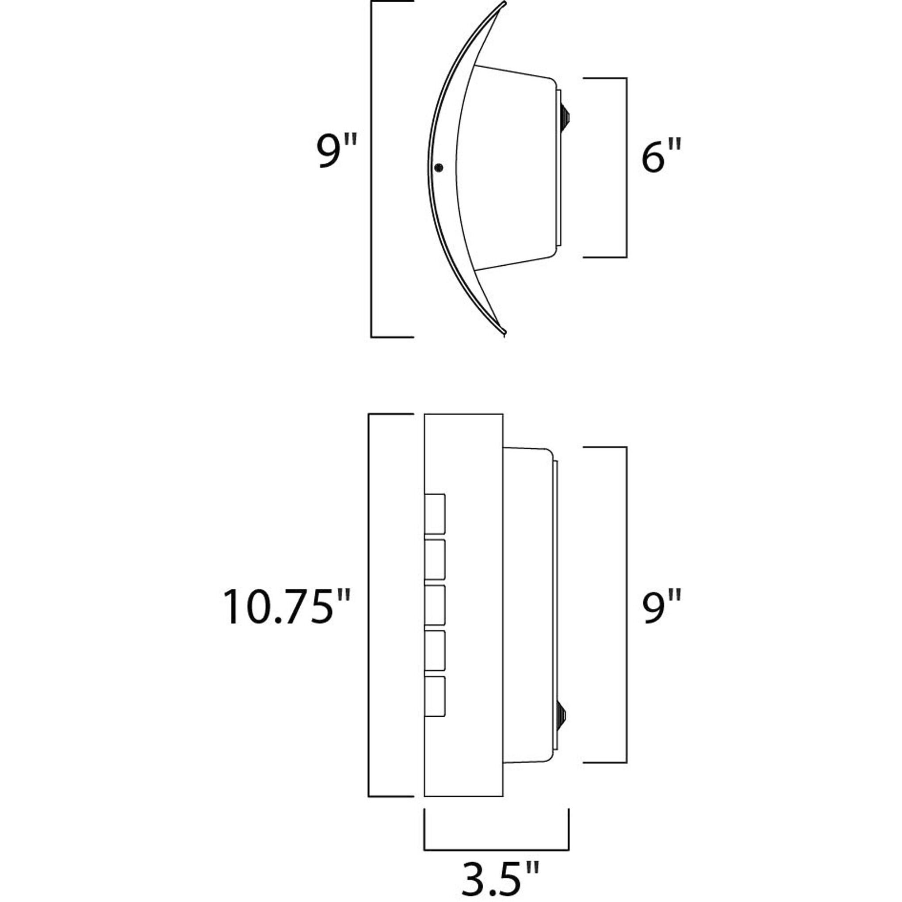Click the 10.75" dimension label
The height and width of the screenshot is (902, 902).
(x=286, y=607)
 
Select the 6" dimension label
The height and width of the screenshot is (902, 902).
(x=661, y=157)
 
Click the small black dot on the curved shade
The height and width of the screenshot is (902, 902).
(x=438, y=168)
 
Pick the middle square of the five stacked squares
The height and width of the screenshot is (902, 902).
(x=435, y=605)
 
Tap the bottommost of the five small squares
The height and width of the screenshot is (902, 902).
(x=435, y=696)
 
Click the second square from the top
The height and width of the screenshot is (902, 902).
(x=435, y=559)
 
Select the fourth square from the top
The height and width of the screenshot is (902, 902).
(x=435, y=650)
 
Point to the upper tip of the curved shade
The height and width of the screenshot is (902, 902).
(x=505, y=5)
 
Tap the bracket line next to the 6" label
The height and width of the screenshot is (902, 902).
(x=626, y=168)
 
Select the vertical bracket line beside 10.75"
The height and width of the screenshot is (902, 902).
(x=369, y=605)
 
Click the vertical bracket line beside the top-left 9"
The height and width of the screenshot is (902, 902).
(x=371, y=168)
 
